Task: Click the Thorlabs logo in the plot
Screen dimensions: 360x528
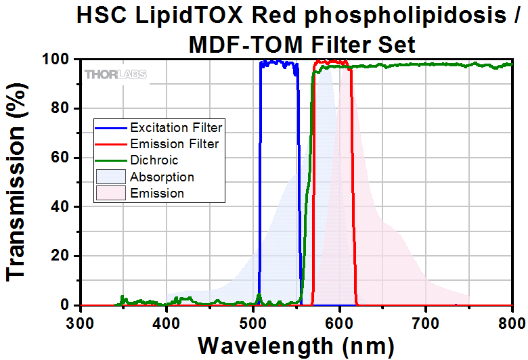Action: [x=115, y=74]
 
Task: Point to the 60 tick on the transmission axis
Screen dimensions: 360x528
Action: [x=61, y=158]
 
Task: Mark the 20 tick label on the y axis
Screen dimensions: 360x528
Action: [x=61, y=256]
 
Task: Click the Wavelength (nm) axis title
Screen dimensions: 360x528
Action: [x=295, y=345]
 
